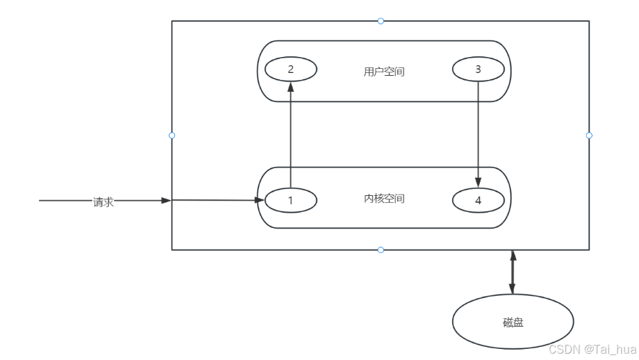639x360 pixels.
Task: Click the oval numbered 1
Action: point(290,200)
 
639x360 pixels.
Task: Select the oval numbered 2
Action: point(290,69)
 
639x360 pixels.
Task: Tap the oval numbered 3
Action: point(478,69)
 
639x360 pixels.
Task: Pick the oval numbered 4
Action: point(478,200)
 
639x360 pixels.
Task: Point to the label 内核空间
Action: point(384,199)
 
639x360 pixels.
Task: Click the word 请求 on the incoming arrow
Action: point(103,202)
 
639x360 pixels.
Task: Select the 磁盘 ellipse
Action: point(513,322)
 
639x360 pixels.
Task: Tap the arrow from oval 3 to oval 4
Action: point(478,132)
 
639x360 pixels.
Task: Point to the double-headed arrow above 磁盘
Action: point(513,272)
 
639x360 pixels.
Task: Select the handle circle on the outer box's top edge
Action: point(381,21)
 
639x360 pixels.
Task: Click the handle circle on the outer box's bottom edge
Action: point(381,249)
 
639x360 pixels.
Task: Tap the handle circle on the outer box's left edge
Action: point(172,135)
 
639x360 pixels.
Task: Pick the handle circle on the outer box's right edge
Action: point(589,135)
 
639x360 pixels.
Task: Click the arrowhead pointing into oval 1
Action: point(259,200)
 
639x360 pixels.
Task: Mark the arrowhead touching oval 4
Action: point(478,183)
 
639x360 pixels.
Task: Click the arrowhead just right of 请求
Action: point(166,200)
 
